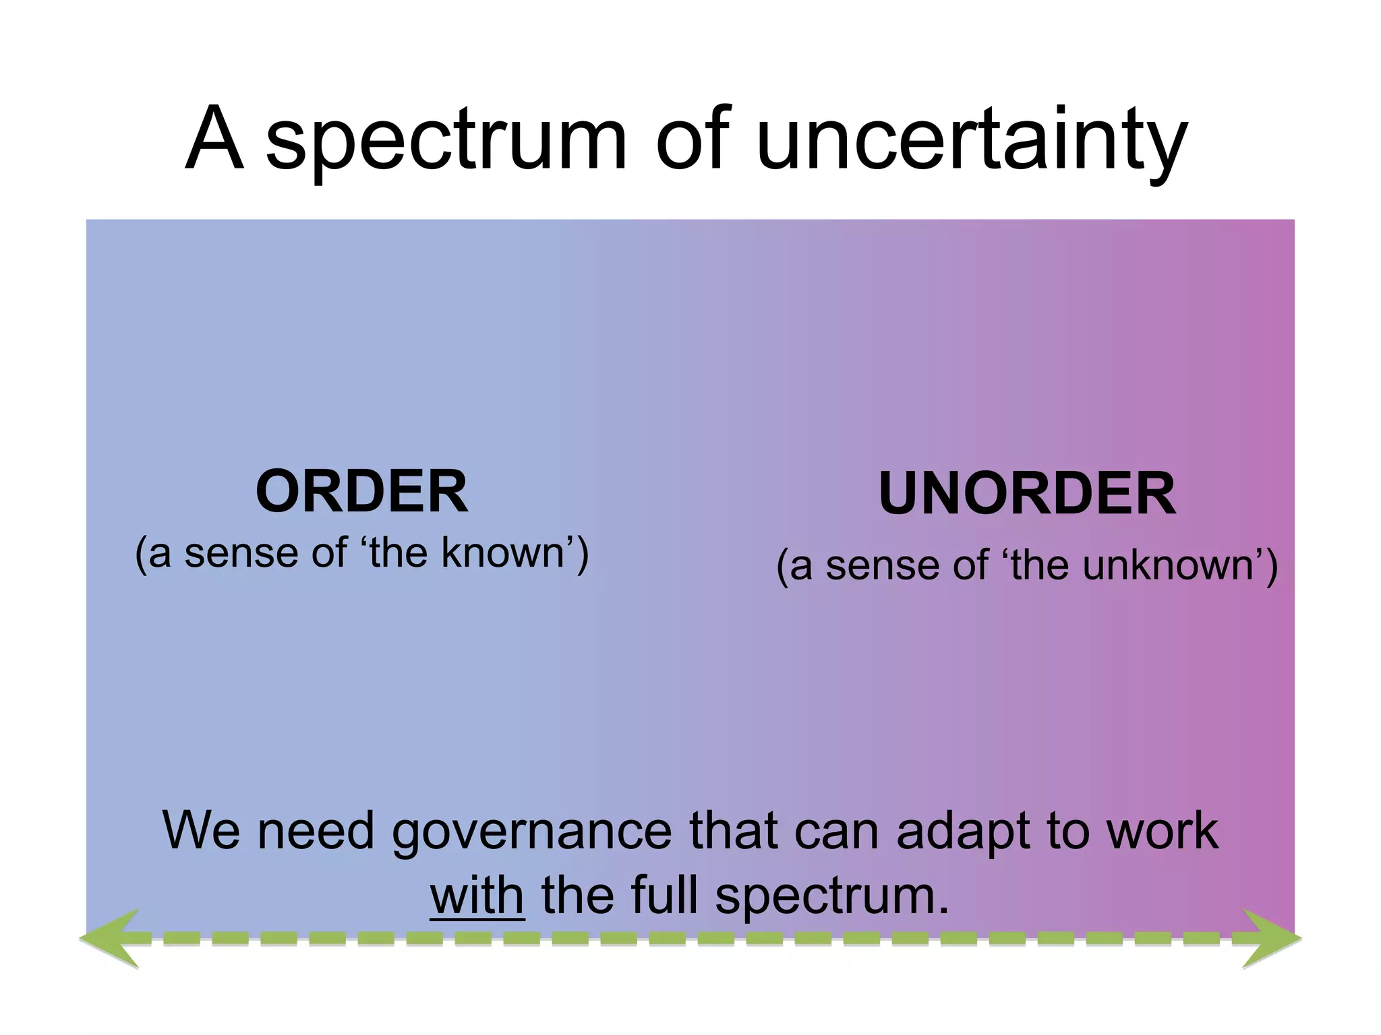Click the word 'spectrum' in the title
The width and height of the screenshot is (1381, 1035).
click(x=446, y=142)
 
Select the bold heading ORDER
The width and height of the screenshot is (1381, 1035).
click(x=361, y=492)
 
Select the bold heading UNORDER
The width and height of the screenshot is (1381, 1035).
click(x=1026, y=494)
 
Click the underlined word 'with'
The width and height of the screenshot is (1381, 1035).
click(x=477, y=896)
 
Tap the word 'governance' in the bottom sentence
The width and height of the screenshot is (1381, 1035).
click(x=531, y=831)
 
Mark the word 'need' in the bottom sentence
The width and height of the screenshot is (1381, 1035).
click(x=316, y=831)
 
